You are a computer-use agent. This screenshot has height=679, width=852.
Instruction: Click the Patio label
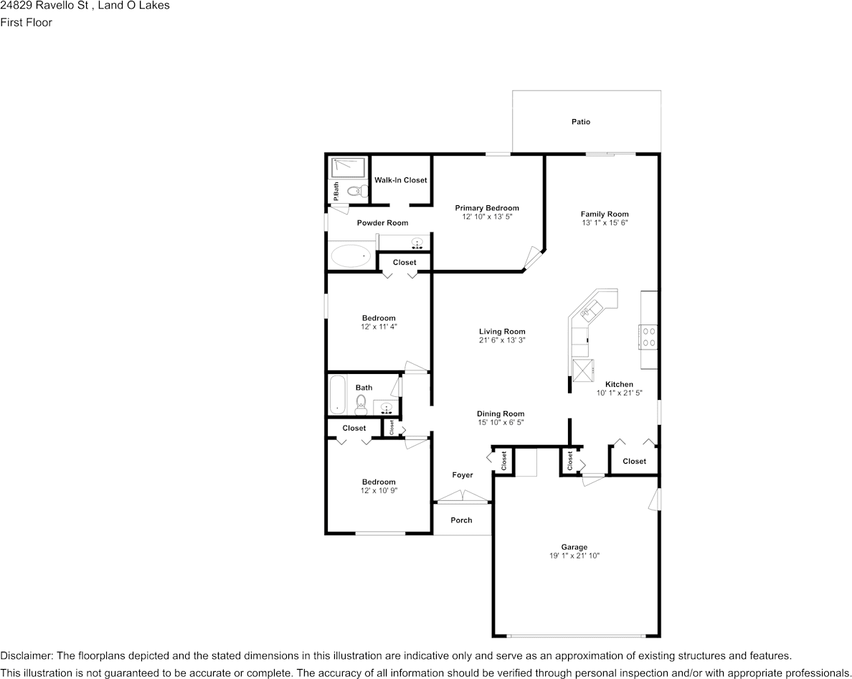pos(581,122)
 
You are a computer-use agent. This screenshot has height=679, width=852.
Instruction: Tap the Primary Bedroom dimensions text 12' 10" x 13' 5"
pos(487,216)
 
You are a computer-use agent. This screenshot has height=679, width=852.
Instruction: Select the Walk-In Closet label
pos(400,180)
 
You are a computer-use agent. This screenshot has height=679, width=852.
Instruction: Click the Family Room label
pos(605,214)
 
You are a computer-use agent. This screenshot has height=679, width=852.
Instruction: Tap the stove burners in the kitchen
pos(649,337)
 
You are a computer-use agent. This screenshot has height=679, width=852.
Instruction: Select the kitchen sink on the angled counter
pos(592,309)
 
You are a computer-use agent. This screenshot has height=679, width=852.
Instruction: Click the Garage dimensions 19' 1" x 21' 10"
pos(574,556)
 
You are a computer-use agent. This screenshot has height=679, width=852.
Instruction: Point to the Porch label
pos(461,520)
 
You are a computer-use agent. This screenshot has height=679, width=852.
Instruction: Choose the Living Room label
pos(502,332)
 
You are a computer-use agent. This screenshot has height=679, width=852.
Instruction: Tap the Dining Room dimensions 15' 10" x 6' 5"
pos(501,423)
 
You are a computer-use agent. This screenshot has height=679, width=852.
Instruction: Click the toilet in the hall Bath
pos(361,405)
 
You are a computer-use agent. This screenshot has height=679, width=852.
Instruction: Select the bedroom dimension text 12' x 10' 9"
pos(379,490)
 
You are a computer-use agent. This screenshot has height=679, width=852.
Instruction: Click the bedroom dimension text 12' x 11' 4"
pos(379,327)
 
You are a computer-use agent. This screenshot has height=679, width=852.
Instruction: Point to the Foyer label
pos(462,475)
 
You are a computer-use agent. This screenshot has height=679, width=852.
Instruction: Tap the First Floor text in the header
pos(26,22)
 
